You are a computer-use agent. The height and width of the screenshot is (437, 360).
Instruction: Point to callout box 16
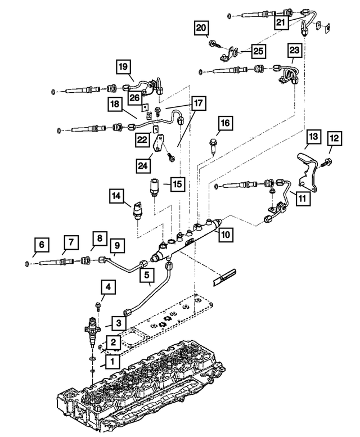click(x=224, y=123)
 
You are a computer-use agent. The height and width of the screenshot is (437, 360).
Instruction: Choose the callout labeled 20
click(x=201, y=28)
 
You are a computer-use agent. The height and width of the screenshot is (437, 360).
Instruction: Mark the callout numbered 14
click(x=116, y=196)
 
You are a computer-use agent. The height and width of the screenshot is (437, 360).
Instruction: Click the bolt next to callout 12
click(x=326, y=163)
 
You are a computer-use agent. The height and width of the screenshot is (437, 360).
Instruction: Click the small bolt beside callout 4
click(x=98, y=306)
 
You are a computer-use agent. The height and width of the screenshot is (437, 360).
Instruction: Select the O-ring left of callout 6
click(x=27, y=263)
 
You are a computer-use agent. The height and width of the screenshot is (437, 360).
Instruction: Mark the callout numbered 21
click(x=280, y=22)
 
